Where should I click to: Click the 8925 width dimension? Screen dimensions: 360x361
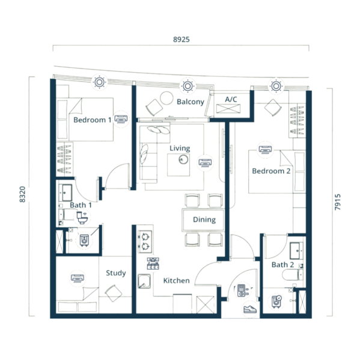click(182, 39)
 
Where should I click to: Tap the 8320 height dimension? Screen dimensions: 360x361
click(22, 194)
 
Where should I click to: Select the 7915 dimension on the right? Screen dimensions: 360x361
click(337, 202)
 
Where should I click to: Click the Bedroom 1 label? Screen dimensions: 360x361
click(92, 120)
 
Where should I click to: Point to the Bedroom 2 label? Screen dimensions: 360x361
click(271, 171)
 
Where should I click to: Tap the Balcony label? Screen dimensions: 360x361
click(191, 102)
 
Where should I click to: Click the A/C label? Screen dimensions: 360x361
click(231, 99)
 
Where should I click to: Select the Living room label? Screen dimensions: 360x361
click(180, 148)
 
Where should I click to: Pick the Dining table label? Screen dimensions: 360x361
click(204, 220)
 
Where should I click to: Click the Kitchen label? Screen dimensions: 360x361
click(177, 280)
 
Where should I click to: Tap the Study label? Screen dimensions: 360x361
click(116, 273)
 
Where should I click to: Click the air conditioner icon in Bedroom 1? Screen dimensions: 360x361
click(121, 119)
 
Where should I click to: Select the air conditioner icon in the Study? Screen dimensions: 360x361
click(78, 278)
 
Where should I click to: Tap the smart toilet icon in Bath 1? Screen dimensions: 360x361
click(82, 218)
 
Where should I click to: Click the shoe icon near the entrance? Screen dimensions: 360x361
click(250, 309)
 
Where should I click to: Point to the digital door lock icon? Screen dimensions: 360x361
click(242, 291)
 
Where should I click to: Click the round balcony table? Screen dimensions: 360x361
click(166, 98)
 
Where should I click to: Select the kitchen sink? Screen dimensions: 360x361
click(144, 282)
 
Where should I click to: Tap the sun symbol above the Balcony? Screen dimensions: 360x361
click(188, 86)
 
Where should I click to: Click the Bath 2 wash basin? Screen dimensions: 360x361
click(296, 251)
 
